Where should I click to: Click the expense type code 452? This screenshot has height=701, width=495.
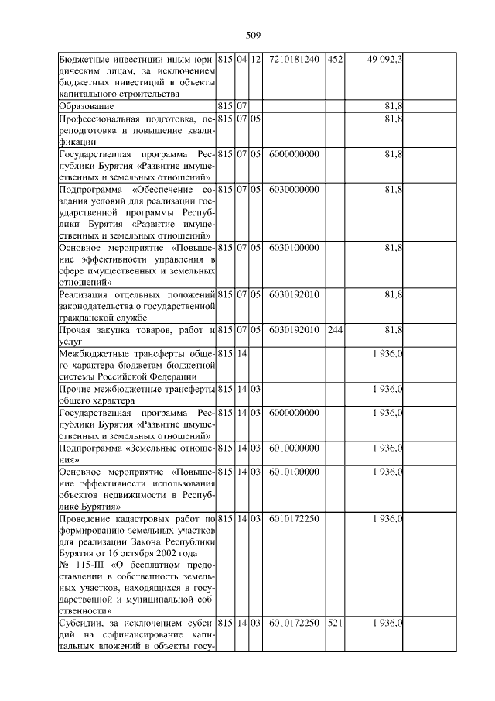[334, 59]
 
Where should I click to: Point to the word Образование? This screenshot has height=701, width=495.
[87, 105]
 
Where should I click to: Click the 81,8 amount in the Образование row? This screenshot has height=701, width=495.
[393, 105]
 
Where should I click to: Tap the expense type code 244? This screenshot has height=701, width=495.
[334, 330]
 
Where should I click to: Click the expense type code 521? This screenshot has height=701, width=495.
[334, 623]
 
